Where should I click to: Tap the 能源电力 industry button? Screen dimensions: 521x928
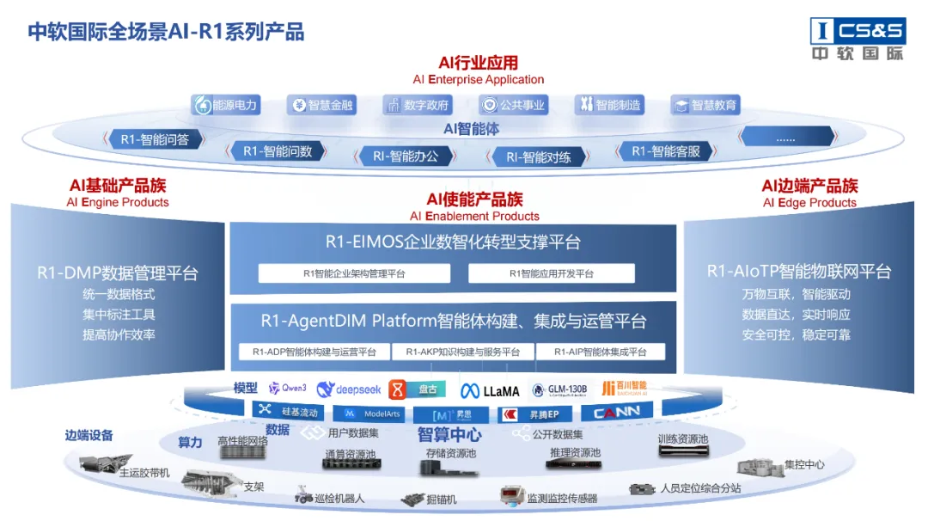coord(226,106)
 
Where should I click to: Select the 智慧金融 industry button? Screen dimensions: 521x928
coord(321,106)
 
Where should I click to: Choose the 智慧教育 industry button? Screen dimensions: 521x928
coord(705,106)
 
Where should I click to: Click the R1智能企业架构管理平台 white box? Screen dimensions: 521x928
coord(354,273)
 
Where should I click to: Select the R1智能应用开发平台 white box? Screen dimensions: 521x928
coord(551,273)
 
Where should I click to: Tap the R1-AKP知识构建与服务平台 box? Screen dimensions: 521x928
coord(462,352)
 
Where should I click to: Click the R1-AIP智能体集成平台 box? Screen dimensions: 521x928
coord(601,352)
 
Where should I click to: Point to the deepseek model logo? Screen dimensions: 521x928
coord(349,389)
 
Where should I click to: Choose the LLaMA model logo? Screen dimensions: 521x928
coord(490,390)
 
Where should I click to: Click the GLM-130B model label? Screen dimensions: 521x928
coord(559,389)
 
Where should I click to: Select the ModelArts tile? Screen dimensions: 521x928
coord(374,414)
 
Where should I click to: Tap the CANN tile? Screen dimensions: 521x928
coord(617,413)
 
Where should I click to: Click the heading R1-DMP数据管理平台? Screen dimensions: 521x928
coord(118,273)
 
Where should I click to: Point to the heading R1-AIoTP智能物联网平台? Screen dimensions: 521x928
coord(799,272)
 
